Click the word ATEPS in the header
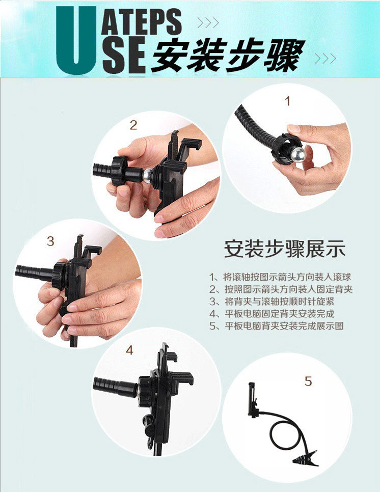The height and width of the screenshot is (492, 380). pos(141,21)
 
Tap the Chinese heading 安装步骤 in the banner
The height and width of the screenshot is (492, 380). pos(228,56)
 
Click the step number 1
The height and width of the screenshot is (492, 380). pos(287,101)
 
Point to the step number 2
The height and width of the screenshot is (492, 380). pos(133,125)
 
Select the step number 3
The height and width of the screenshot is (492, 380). pos(50,241)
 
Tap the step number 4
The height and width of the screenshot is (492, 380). pos(129,350)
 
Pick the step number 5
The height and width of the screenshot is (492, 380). pos(309,381)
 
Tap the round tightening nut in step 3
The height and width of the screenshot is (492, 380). pos(60,276)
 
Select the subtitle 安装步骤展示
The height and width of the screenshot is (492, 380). pos(285,249)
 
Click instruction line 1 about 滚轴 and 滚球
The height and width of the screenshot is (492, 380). pos(280,277)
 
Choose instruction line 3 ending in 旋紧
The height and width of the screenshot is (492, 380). pos(272,302)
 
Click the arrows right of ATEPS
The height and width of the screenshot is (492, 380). pos(208,22)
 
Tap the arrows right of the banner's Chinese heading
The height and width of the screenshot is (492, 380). pos(325,59)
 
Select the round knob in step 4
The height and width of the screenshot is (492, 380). pos(148,421)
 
